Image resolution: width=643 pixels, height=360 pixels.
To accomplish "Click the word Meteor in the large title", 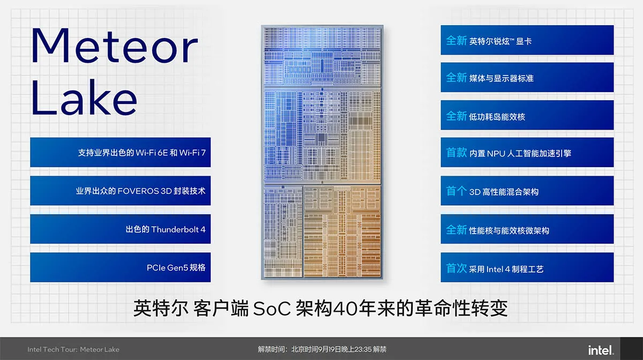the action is point(114,46).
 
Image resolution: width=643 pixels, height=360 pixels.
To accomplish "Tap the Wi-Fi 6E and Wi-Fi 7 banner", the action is point(120,152).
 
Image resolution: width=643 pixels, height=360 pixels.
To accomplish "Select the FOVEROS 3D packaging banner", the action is point(120,191).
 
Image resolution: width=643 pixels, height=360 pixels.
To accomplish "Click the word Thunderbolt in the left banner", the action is point(175,229).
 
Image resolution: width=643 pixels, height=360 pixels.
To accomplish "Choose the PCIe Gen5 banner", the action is point(120,267).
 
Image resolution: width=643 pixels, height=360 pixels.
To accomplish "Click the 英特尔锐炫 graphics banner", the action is point(527,40).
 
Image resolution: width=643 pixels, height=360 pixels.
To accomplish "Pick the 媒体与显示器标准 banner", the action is point(527,77).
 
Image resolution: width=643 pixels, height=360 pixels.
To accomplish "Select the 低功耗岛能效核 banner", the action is point(527,115).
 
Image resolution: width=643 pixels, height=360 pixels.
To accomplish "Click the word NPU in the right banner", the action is point(496,153).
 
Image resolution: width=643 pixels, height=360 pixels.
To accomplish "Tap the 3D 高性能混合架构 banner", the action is point(527,191).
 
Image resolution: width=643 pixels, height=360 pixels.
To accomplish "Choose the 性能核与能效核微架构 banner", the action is point(527,229).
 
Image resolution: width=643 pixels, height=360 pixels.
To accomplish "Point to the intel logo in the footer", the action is point(601,350).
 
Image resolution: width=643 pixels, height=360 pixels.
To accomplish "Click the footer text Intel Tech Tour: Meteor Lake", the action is point(73,349).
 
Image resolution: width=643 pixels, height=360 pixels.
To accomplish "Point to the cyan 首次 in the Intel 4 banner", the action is point(457,268).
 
